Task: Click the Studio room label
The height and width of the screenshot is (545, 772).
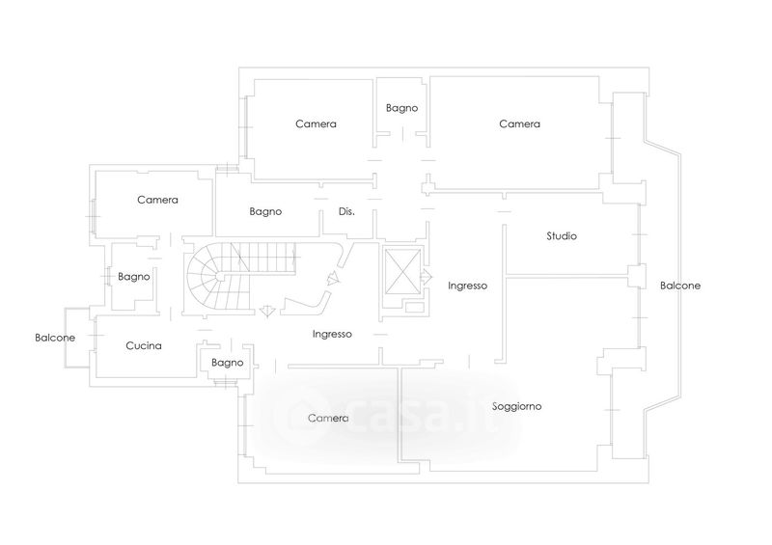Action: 562,235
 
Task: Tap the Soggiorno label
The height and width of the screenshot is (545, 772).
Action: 516,406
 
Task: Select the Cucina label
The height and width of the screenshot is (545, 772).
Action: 144,345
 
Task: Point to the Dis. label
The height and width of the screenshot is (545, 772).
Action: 347,211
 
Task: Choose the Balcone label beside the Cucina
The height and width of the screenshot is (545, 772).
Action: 55,338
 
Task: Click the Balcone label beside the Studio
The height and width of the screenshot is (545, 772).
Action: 680,286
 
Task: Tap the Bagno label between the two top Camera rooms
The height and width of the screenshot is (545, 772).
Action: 401,108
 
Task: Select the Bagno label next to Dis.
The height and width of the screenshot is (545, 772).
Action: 265,211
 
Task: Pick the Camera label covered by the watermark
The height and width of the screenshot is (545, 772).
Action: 328,419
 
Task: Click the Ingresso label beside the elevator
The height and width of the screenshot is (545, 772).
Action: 468,286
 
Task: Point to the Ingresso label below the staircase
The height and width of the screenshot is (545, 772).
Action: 332,334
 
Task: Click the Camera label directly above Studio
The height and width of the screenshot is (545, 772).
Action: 519,123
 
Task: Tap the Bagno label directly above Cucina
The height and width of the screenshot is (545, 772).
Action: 134,277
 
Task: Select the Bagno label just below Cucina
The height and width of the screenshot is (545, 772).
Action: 228,363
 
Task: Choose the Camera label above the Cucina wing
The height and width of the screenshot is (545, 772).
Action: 157,201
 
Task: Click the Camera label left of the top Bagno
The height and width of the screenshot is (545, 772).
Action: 316,123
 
